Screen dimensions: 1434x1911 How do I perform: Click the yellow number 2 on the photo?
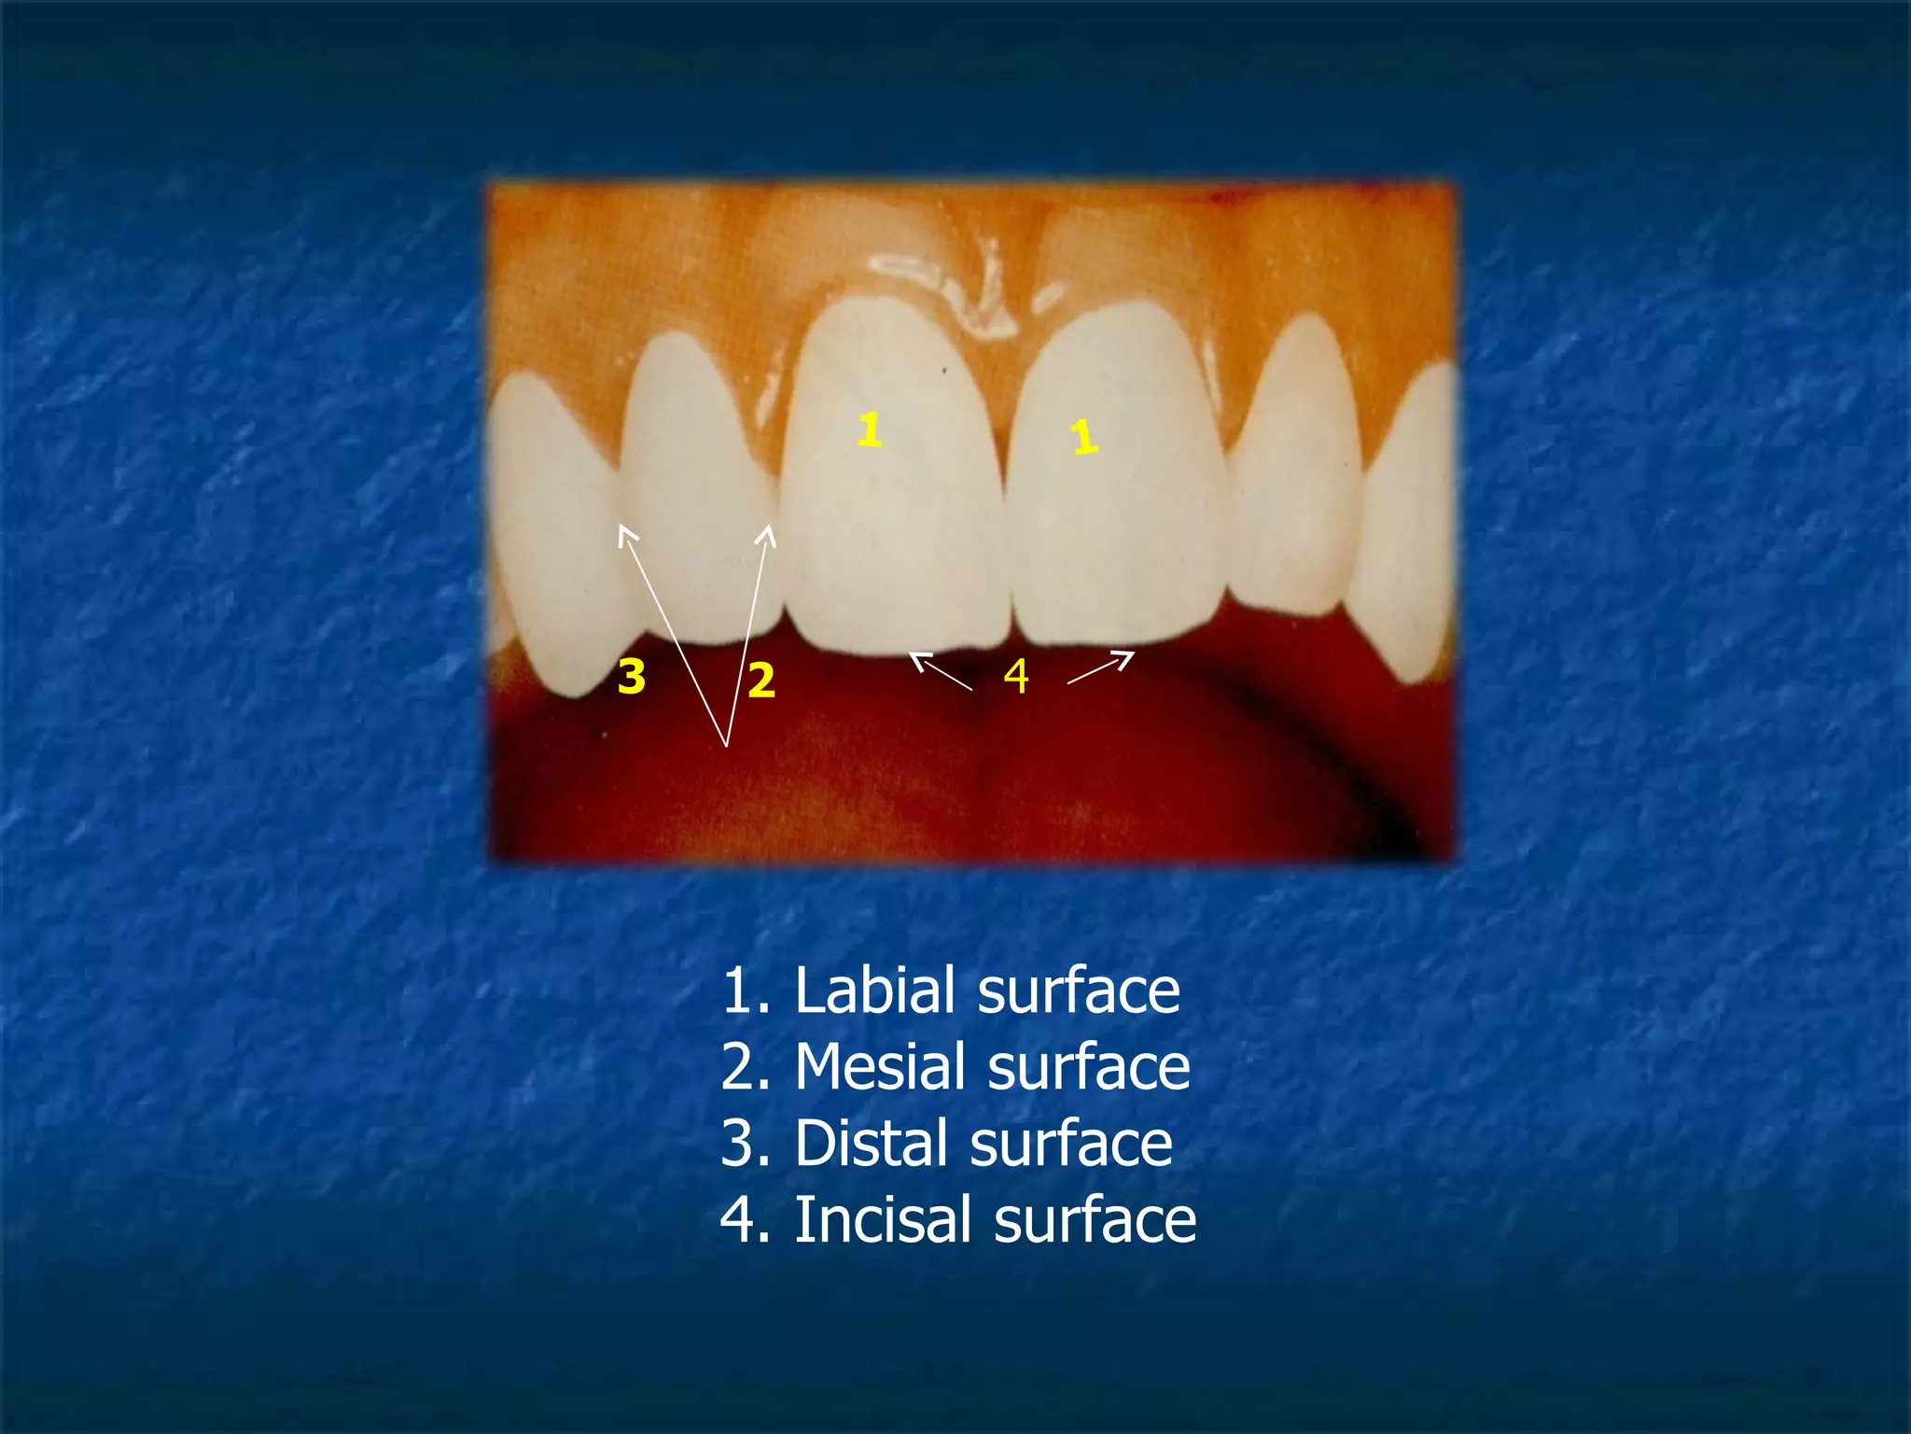(x=761, y=680)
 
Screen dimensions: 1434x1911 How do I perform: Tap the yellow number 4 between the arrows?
(x=1016, y=676)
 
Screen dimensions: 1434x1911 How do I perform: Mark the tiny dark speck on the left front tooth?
(x=944, y=371)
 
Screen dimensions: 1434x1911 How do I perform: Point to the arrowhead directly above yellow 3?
(x=627, y=534)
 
